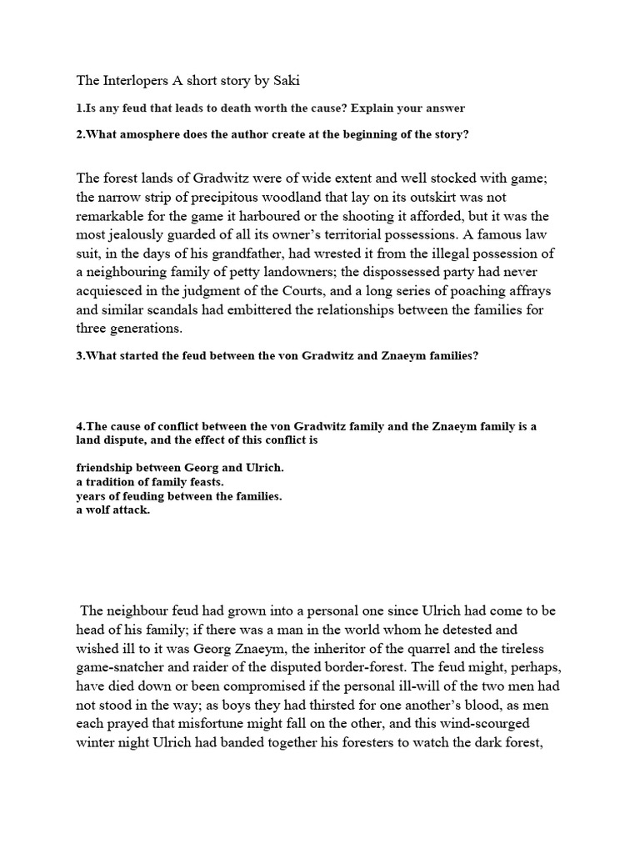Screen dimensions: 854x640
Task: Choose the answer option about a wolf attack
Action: pos(112,510)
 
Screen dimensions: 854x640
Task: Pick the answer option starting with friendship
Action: pos(179,468)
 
